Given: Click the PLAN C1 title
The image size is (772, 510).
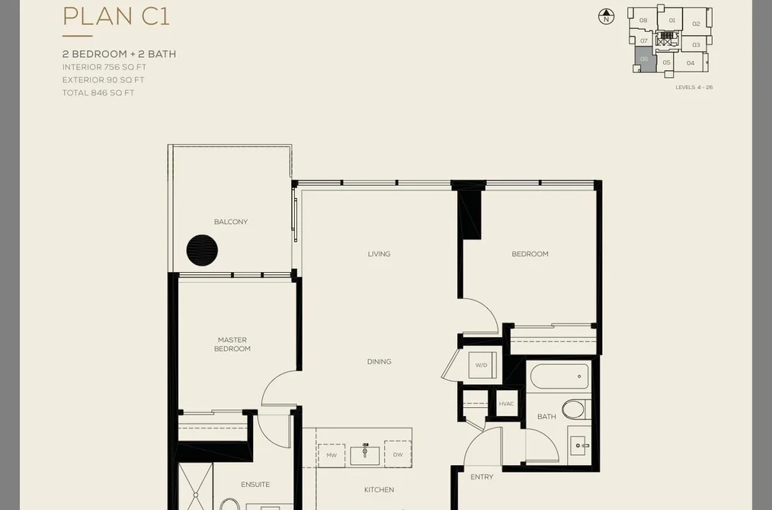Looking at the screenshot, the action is pos(116,16).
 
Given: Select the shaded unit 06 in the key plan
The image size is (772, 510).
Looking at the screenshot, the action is pos(645,59).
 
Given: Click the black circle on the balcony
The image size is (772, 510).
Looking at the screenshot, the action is pos(202,250).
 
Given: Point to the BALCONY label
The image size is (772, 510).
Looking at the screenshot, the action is pos(231,222).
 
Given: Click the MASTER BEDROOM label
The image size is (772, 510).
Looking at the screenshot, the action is pos(232,344).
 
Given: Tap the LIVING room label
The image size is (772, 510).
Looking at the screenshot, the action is pos(379,254).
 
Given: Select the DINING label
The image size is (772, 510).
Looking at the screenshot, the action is pos(379,362).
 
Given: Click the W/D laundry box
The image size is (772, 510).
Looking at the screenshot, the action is pos(481,365).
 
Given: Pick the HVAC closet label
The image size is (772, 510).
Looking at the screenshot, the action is pos(506,404).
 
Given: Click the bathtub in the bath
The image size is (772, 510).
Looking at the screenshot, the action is pos(560,376).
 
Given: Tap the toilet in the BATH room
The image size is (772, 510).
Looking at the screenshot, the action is pos(574,409).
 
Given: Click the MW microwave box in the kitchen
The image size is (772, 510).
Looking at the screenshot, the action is pos(332,455).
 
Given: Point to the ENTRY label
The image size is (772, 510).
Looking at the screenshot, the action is pos(482,477).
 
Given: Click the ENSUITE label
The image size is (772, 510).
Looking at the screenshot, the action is pos(255,485).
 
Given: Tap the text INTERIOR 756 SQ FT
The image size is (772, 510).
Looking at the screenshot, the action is pos(104,67).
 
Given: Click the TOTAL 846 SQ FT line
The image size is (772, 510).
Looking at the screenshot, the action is pos(98,92).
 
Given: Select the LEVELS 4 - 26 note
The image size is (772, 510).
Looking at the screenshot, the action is pos(694,88).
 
